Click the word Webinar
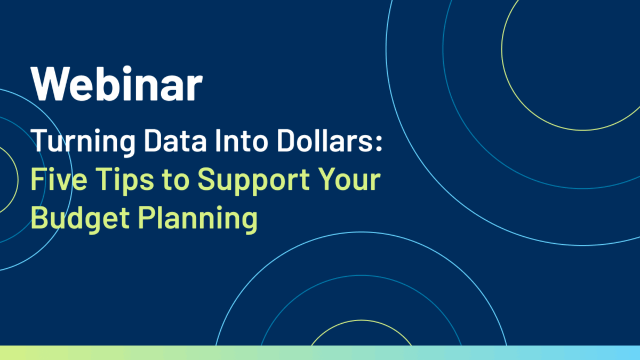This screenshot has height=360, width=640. [x=117, y=83]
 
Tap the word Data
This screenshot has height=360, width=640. [x=175, y=140]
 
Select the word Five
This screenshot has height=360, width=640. [x=59, y=179]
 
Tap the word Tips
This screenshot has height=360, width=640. [x=125, y=181]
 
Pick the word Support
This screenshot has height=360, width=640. [x=253, y=181]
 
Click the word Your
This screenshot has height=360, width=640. [x=349, y=179]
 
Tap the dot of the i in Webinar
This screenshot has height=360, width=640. [x=127, y=69]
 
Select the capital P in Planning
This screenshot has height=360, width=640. [x=147, y=217]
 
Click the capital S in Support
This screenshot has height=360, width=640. [x=207, y=179]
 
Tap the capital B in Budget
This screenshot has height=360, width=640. [x=39, y=217]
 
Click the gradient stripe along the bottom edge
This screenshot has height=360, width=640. [x=320, y=353]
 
